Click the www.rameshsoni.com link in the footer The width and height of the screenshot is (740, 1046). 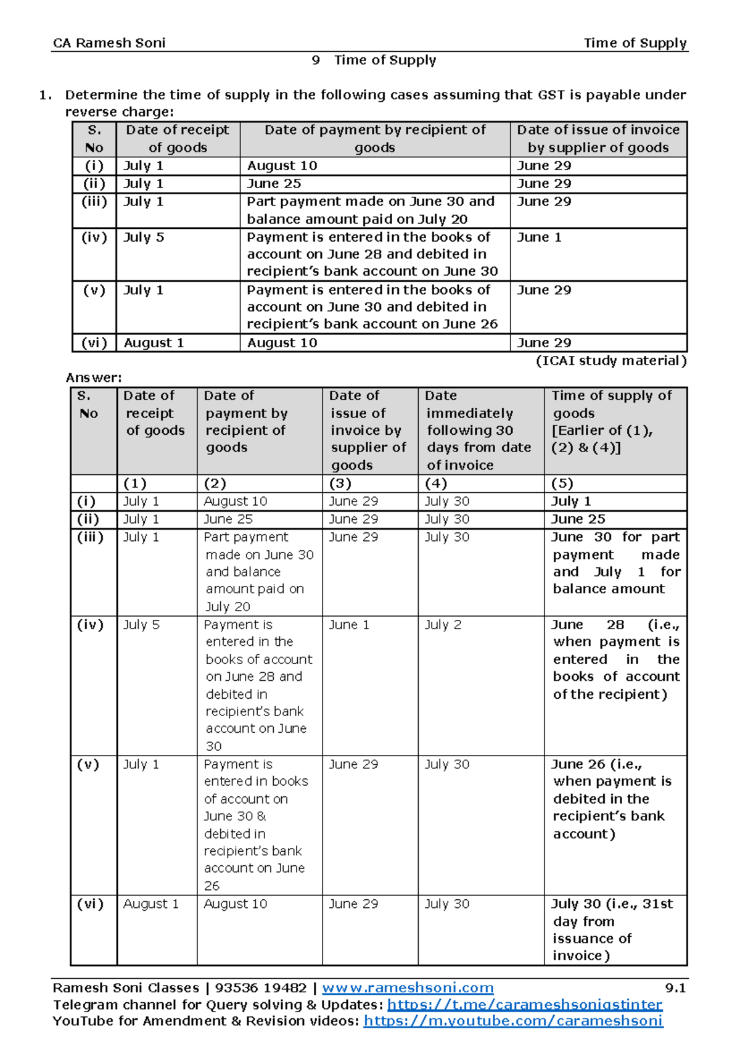pyautogui.click(x=408, y=988)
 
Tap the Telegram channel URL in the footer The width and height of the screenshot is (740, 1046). pyautogui.click(x=524, y=1005)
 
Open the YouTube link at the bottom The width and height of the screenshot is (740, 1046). pyautogui.click(x=513, y=1021)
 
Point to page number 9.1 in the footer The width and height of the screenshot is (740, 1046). pyautogui.click(x=675, y=988)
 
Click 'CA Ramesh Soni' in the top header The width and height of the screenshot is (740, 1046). pyautogui.click(x=109, y=43)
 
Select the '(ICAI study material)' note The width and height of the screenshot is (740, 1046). pyautogui.click(x=610, y=361)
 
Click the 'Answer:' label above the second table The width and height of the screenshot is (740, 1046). pyautogui.click(x=94, y=377)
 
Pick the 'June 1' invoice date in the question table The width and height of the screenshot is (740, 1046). pyautogui.click(x=539, y=237)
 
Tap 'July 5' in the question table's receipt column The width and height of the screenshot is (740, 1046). pyautogui.click(x=144, y=237)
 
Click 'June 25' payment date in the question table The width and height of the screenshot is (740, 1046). pyautogui.click(x=274, y=184)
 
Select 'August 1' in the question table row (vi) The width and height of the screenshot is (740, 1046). pyautogui.click(x=154, y=343)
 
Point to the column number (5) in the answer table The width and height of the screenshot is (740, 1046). pyautogui.click(x=562, y=484)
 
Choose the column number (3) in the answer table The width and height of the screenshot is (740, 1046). pyautogui.click(x=340, y=484)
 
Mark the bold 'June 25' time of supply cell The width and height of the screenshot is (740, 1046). pyautogui.click(x=578, y=519)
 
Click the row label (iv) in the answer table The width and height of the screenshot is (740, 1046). pyautogui.click(x=90, y=625)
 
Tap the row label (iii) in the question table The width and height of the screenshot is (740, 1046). pyautogui.click(x=94, y=202)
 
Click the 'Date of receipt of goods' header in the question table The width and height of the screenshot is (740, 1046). pyautogui.click(x=178, y=139)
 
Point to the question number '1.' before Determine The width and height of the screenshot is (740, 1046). pyautogui.click(x=45, y=95)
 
